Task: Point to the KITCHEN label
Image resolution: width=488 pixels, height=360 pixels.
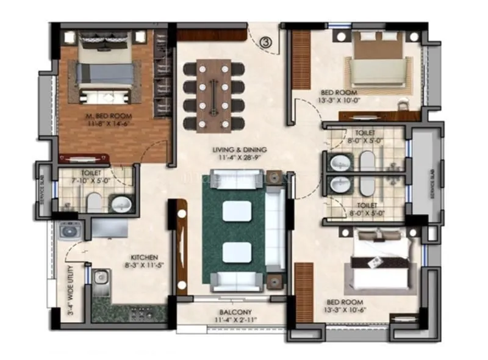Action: pyautogui.click(x=144, y=257)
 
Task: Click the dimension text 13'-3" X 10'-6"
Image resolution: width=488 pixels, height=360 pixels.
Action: pyautogui.click(x=345, y=311)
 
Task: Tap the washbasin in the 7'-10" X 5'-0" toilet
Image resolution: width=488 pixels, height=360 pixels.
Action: pyautogui.click(x=120, y=203)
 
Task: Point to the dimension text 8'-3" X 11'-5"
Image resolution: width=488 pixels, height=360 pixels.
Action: pyautogui.click(x=144, y=266)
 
